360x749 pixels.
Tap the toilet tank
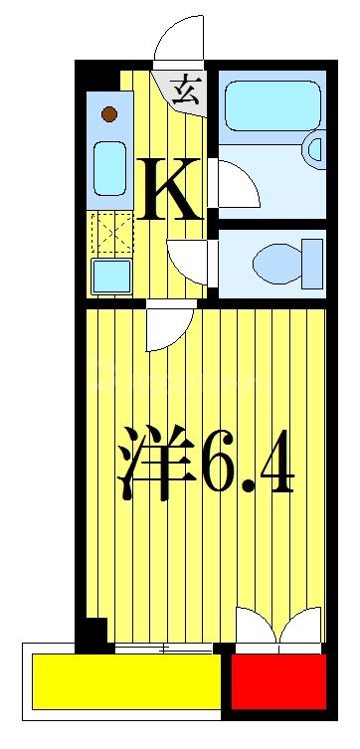coord(312,264)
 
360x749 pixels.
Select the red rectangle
coord(278,680)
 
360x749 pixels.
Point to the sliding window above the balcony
coord(163,649)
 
